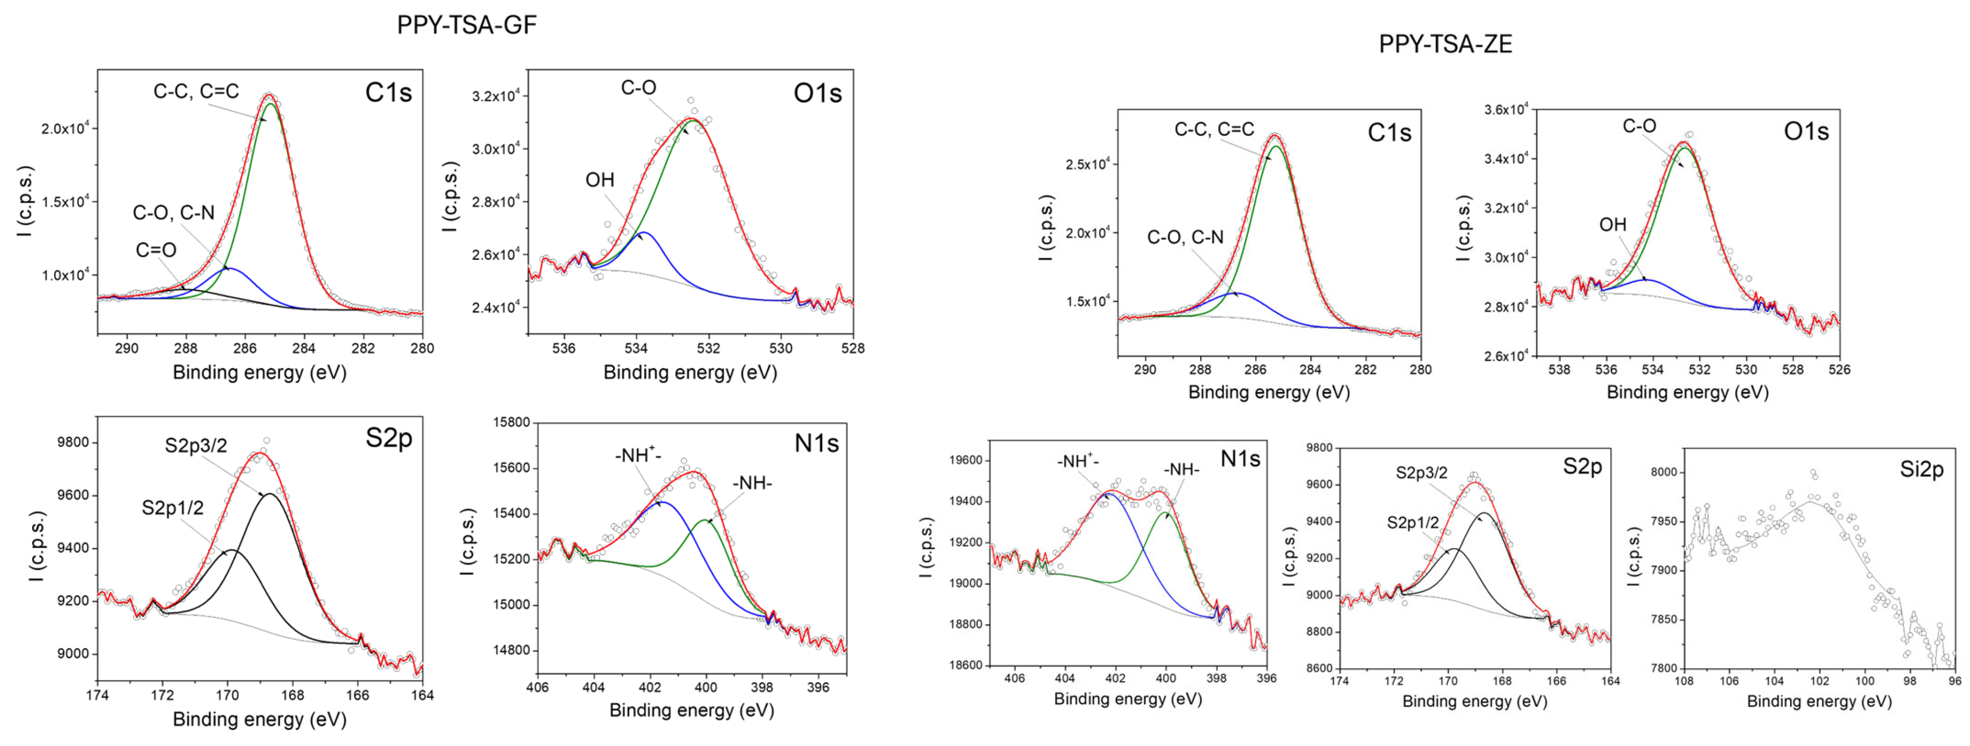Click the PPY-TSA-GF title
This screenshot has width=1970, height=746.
click(467, 25)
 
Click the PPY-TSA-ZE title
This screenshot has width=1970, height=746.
click(1445, 44)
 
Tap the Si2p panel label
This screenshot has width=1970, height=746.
click(1921, 470)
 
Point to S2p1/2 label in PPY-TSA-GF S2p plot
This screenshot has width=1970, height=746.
click(172, 508)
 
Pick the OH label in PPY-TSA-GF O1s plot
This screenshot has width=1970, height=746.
click(600, 179)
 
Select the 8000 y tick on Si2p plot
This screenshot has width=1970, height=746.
click(1657, 472)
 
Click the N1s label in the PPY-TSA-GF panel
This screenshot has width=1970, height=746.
click(816, 443)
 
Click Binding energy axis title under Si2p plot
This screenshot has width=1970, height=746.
click(1818, 701)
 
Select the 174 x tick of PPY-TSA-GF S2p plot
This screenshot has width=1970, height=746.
click(97, 696)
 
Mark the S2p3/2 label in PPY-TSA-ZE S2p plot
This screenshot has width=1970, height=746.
click(1421, 473)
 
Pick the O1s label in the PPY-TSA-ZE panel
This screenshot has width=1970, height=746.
click(1806, 132)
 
